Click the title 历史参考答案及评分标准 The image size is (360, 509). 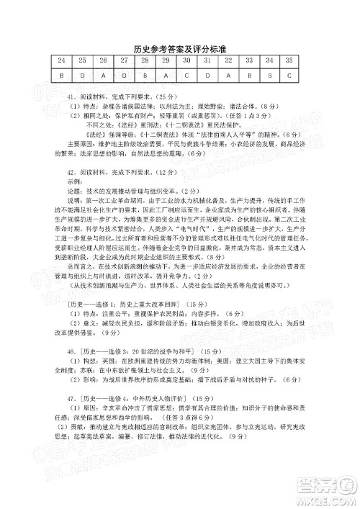[181, 48]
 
